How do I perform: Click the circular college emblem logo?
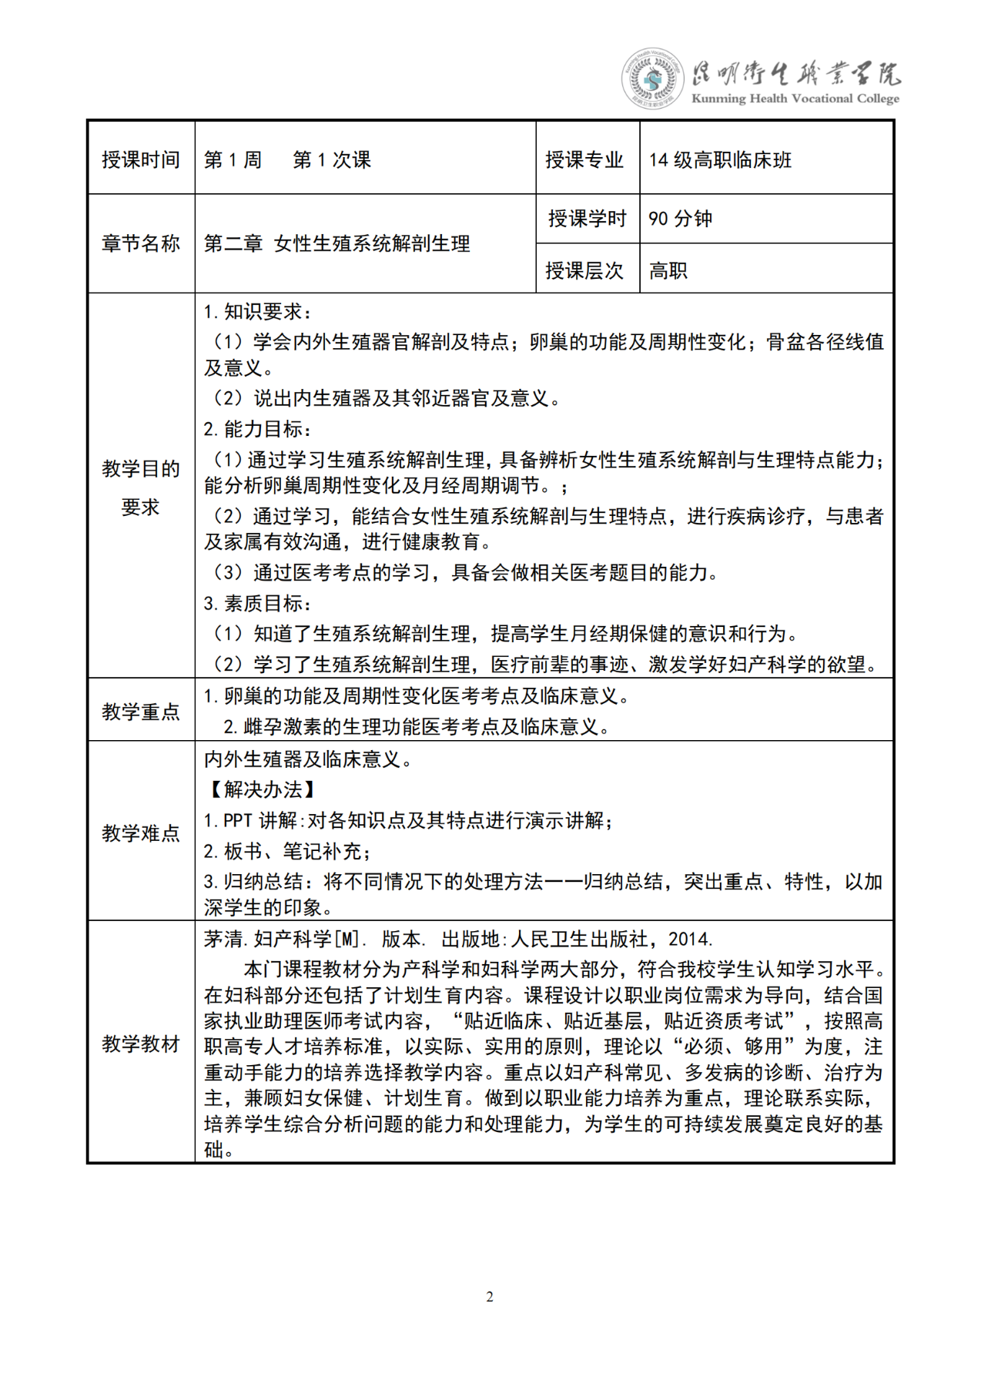pos(652,79)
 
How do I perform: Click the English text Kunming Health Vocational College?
pos(795,99)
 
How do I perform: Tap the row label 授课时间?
pos(141,160)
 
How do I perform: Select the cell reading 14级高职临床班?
pos(720,160)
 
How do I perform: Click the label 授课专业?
pos(584,160)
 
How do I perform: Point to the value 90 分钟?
pos(680,219)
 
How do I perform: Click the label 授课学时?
pos(587,219)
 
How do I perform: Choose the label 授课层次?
pos(584,270)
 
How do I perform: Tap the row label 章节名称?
pos(141,244)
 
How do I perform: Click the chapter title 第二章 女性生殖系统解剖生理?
pos(337,244)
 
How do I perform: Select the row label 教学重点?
pos(141,712)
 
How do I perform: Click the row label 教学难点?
pos(141,833)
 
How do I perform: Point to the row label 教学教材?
pos(141,1044)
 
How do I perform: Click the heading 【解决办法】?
pos(261,790)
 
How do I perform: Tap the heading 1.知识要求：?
pos(257,312)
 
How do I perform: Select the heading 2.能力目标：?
pos(257,429)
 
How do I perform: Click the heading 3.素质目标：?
pos(257,604)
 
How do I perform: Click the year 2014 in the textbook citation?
pos(689,940)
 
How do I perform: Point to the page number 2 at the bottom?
pos(490,1297)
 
